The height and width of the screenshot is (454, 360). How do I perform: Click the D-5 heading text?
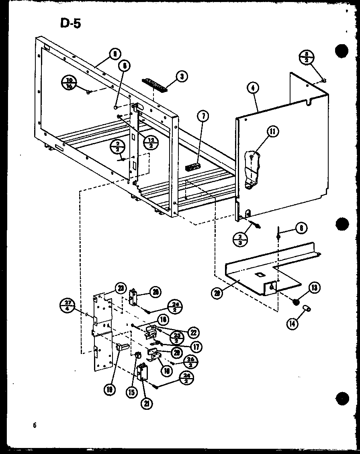coord(71,24)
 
